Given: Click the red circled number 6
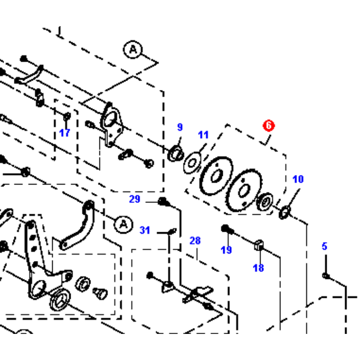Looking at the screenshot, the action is coord(268,126).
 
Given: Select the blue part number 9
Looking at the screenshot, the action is coord(180,127).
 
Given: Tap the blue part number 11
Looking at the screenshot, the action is coord(203,135).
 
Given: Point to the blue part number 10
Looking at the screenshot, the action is coord(298,179).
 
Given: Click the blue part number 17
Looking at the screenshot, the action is coord(64,133).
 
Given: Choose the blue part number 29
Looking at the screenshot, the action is coord(135,199).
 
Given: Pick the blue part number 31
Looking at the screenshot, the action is coord(144,230).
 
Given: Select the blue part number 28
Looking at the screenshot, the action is coord(195,241).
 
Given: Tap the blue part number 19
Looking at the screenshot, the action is coord(226,250).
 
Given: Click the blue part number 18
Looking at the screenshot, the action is coord(258,268).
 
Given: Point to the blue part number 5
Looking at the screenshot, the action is coord(324,246).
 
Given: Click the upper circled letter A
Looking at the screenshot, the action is coord(133,49).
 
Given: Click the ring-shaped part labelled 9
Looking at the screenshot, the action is coord(176,153).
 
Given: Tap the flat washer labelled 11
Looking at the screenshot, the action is coord(193,163).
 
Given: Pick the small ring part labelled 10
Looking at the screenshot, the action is coord(285,212).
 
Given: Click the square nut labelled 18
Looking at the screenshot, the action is coord(259,245).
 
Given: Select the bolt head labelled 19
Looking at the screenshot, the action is coord(226,229).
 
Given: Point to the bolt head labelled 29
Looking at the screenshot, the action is coord(163,201).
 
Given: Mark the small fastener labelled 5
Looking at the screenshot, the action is coord(326,275).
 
